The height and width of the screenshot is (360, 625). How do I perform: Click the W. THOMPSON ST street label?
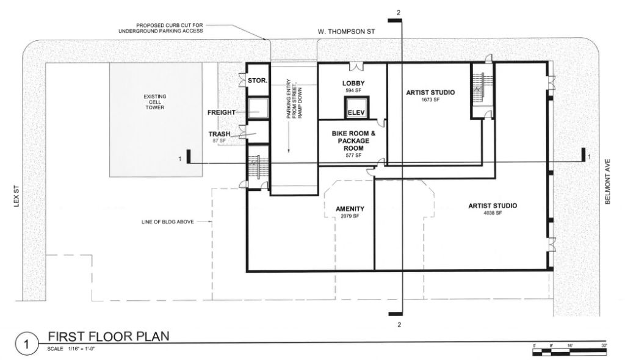click(346, 32)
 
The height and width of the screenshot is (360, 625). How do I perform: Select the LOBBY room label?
click(353, 84)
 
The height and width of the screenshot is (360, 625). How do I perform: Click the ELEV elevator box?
click(356, 107)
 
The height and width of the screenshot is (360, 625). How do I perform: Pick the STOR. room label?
click(258, 81)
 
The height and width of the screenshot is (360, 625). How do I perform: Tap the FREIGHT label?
click(221, 112)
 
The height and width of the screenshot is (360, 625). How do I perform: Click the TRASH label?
click(219, 134)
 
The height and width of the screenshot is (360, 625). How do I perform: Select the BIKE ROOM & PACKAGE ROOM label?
click(353, 141)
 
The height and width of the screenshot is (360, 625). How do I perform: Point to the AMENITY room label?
click(350, 209)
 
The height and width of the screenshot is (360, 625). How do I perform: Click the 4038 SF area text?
click(493, 213)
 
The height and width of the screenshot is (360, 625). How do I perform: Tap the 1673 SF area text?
click(430, 99)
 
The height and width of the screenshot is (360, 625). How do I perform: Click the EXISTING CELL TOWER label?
click(155, 102)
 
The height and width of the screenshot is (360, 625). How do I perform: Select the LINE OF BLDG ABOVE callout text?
click(168, 221)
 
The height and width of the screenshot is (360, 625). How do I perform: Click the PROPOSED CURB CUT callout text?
click(161, 28)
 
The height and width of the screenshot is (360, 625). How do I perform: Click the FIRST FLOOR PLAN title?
click(109, 336)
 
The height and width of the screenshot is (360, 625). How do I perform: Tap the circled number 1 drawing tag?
click(27, 344)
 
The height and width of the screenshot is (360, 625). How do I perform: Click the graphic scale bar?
click(569, 351)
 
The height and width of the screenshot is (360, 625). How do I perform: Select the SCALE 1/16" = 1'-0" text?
click(71, 349)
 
